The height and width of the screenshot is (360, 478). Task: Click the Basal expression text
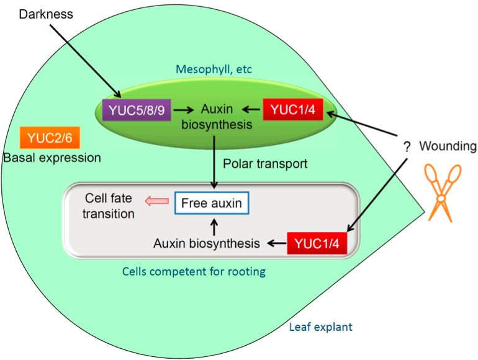tap(52, 158)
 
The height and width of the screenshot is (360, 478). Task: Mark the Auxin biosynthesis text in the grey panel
tap(206, 243)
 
